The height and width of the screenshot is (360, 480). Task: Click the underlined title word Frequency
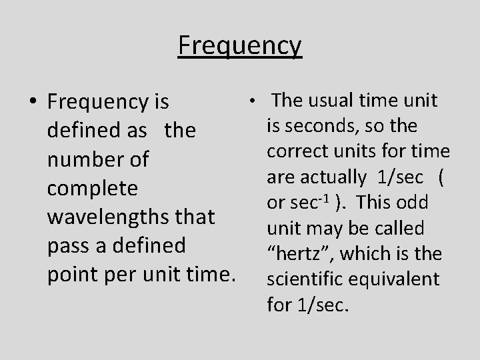pyautogui.click(x=240, y=46)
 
